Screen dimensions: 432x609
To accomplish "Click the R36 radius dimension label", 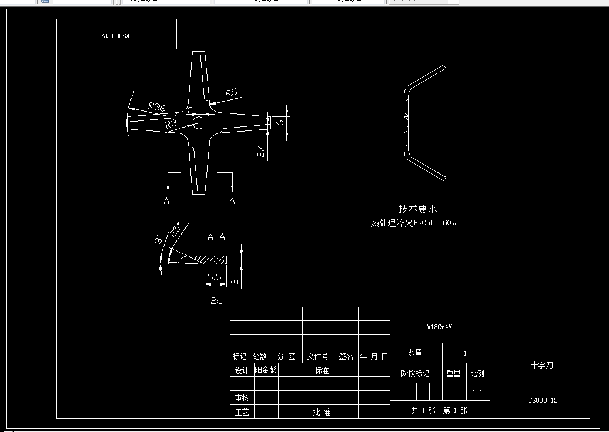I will (x=156, y=106).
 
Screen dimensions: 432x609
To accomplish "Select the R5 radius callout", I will (x=231, y=92).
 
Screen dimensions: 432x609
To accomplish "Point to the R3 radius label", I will (x=171, y=123).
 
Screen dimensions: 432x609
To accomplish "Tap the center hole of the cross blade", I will (x=198, y=122).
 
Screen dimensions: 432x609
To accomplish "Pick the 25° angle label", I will (x=176, y=230).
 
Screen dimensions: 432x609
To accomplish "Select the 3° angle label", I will (x=158, y=241).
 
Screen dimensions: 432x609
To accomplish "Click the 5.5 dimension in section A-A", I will (x=215, y=276).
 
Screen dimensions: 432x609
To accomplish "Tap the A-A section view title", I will (x=216, y=237).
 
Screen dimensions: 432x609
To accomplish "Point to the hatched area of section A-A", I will (x=212, y=259).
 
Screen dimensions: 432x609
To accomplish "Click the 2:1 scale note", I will (x=216, y=301).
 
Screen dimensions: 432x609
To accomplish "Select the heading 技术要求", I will (x=418, y=209).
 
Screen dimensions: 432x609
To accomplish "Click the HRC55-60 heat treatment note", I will (x=413, y=223).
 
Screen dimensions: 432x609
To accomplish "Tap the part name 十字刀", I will (x=542, y=365).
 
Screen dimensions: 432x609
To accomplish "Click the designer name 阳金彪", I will (x=265, y=370).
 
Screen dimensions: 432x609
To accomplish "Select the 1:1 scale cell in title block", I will (x=478, y=392).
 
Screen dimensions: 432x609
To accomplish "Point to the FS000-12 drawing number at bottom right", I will (x=543, y=400).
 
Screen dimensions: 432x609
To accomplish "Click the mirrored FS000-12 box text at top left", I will (x=115, y=35).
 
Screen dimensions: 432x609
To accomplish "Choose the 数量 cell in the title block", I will (x=415, y=353).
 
